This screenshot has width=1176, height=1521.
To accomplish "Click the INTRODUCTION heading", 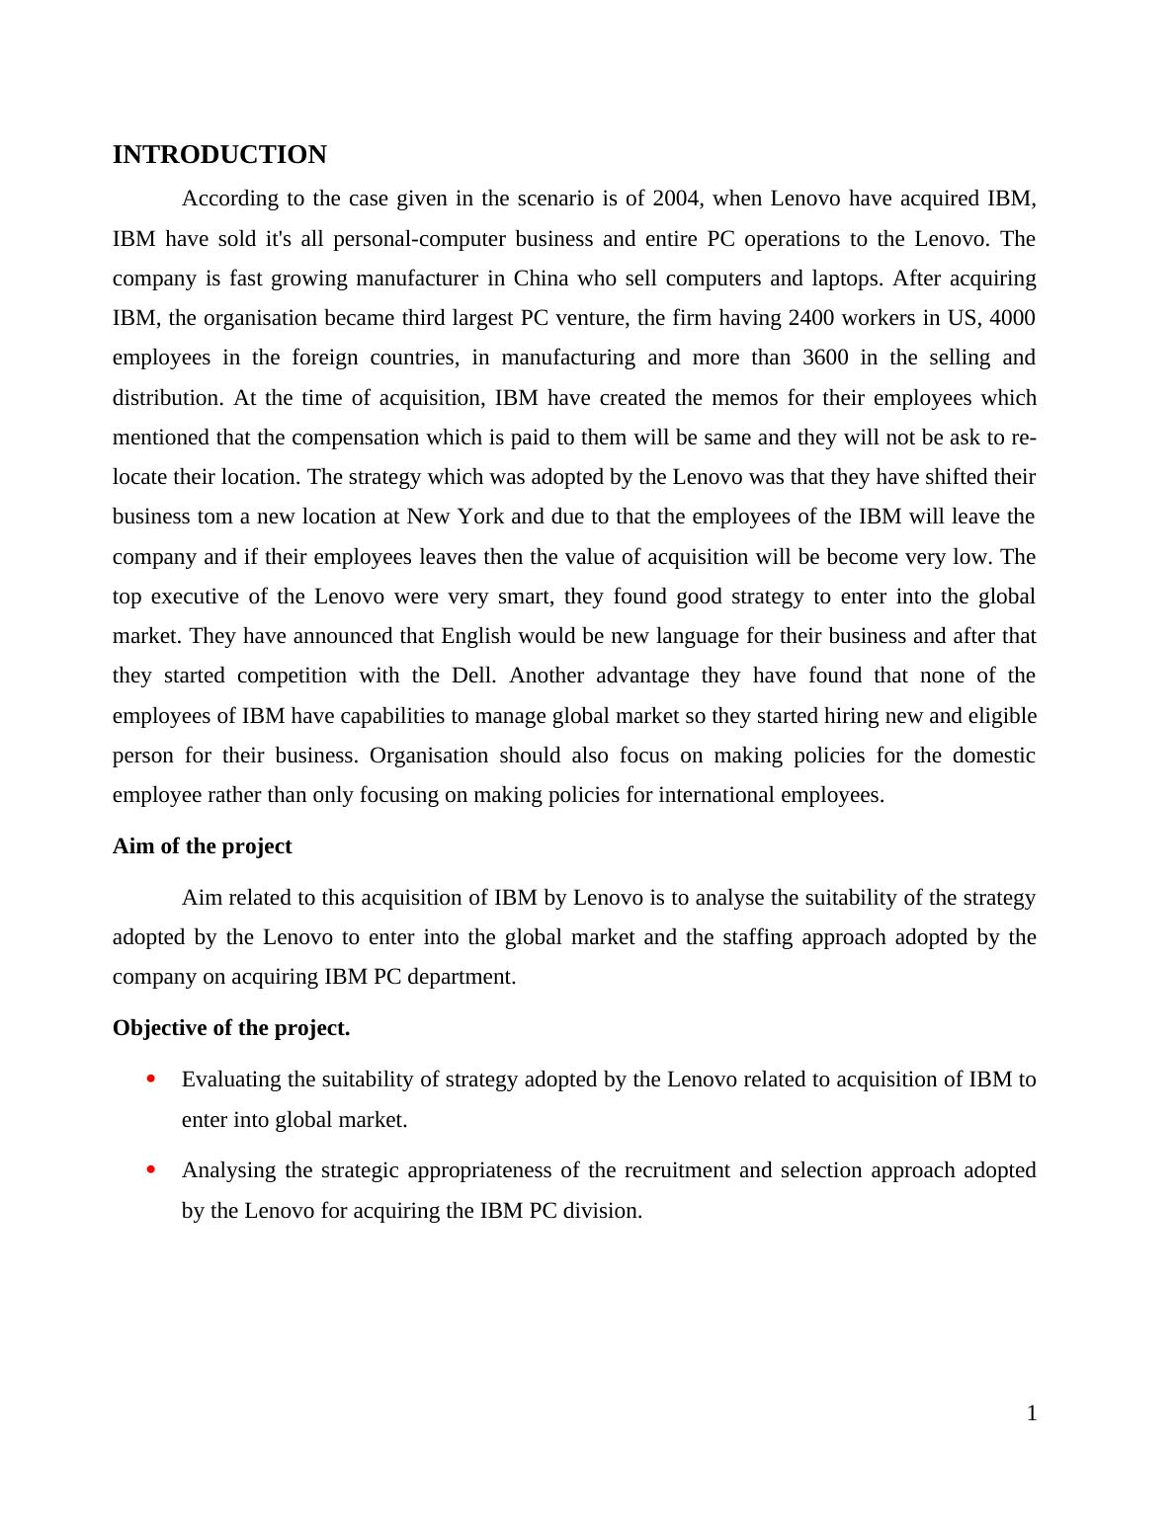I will pos(219,155).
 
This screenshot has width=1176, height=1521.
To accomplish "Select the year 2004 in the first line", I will pos(676,199).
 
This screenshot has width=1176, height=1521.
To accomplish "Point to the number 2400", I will pos(813,318).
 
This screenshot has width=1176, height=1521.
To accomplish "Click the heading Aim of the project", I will pos(202,846).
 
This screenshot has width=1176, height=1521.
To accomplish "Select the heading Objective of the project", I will pos(231,1028).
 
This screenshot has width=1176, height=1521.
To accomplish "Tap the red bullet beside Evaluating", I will pos(151,1079).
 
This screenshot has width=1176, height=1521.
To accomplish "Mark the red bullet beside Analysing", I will pos(151,1169).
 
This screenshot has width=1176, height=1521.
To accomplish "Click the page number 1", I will pos(1032,1413).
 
